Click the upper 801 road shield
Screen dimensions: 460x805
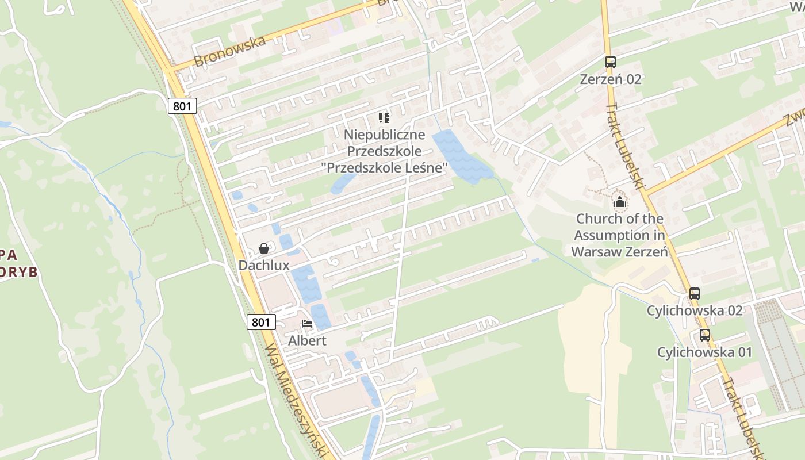tap(183, 106)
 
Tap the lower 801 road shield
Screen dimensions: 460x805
tap(260, 322)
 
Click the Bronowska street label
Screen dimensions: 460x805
tap(230, 51)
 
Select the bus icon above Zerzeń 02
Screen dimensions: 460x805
tap(610, 62)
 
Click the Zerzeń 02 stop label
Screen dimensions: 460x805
tap(610, 79)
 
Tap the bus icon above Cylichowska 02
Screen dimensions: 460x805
tap(695, 294)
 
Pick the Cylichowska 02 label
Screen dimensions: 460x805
tap(695, 310)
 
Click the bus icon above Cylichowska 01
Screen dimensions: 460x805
tap(704, 335)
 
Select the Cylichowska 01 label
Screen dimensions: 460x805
tap(704, 352)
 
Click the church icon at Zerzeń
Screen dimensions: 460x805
tap(619, 202)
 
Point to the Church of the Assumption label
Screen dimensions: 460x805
tap(619, 235)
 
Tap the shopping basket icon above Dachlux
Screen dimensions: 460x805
tap(264, 248)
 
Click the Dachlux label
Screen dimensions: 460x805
tap(264, 265)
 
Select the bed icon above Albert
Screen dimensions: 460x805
tap(307, 324)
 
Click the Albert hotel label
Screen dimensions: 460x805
tap(307, 340)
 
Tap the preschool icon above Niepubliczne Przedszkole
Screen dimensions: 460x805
tap(384, 118)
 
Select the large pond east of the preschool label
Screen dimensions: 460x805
tap(460, 155)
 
